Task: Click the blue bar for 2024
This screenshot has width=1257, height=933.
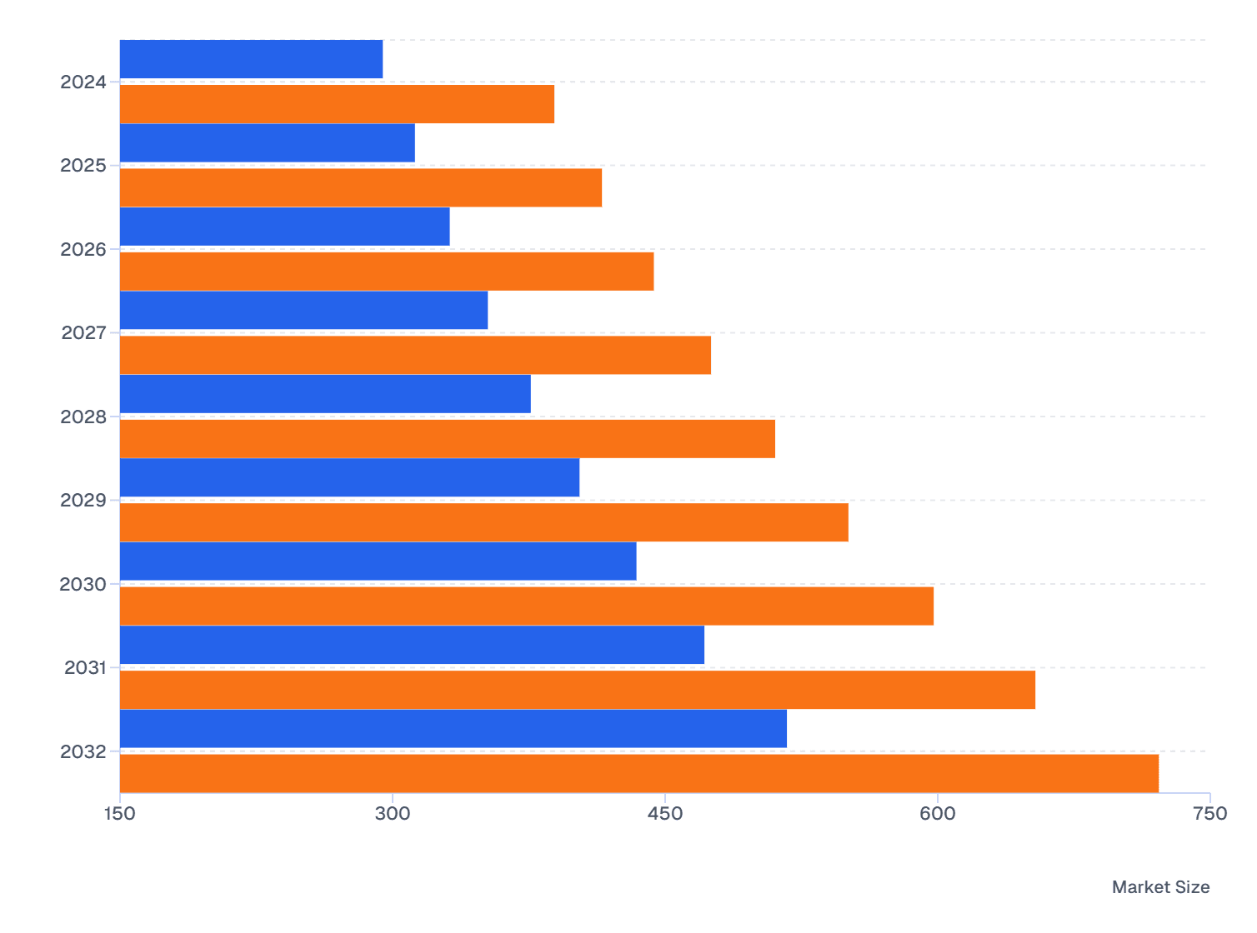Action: (251, 59)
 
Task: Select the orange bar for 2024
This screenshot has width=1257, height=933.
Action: (337, 104)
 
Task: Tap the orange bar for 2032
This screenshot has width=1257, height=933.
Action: (639, 773)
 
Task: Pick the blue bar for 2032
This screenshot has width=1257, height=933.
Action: (453, 729)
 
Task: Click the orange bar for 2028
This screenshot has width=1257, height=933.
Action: (447, 439)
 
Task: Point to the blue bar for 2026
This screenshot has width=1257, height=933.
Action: (284, 227)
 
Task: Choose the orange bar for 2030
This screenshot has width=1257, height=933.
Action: (526, 606)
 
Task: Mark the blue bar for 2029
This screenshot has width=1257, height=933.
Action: (349, 477)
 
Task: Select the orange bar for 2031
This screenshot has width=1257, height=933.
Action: (577, 690)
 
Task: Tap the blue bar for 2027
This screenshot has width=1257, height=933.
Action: (303, 310)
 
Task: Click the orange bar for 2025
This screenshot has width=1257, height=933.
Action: (360, 187)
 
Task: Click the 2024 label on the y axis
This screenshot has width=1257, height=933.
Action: (83, 82)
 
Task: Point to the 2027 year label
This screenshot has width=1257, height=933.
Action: (83, 333)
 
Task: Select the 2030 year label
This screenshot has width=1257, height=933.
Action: (83, 585)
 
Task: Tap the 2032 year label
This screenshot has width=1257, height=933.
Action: (83, 752)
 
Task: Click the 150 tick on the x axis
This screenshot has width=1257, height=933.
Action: (120, 814)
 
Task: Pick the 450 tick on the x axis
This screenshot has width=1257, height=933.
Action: (665, 814)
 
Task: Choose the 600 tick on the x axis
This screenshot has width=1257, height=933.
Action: (938, 814)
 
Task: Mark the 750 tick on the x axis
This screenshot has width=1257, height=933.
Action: (1209, 814)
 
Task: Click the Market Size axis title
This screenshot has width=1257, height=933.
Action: (1160, 887)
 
